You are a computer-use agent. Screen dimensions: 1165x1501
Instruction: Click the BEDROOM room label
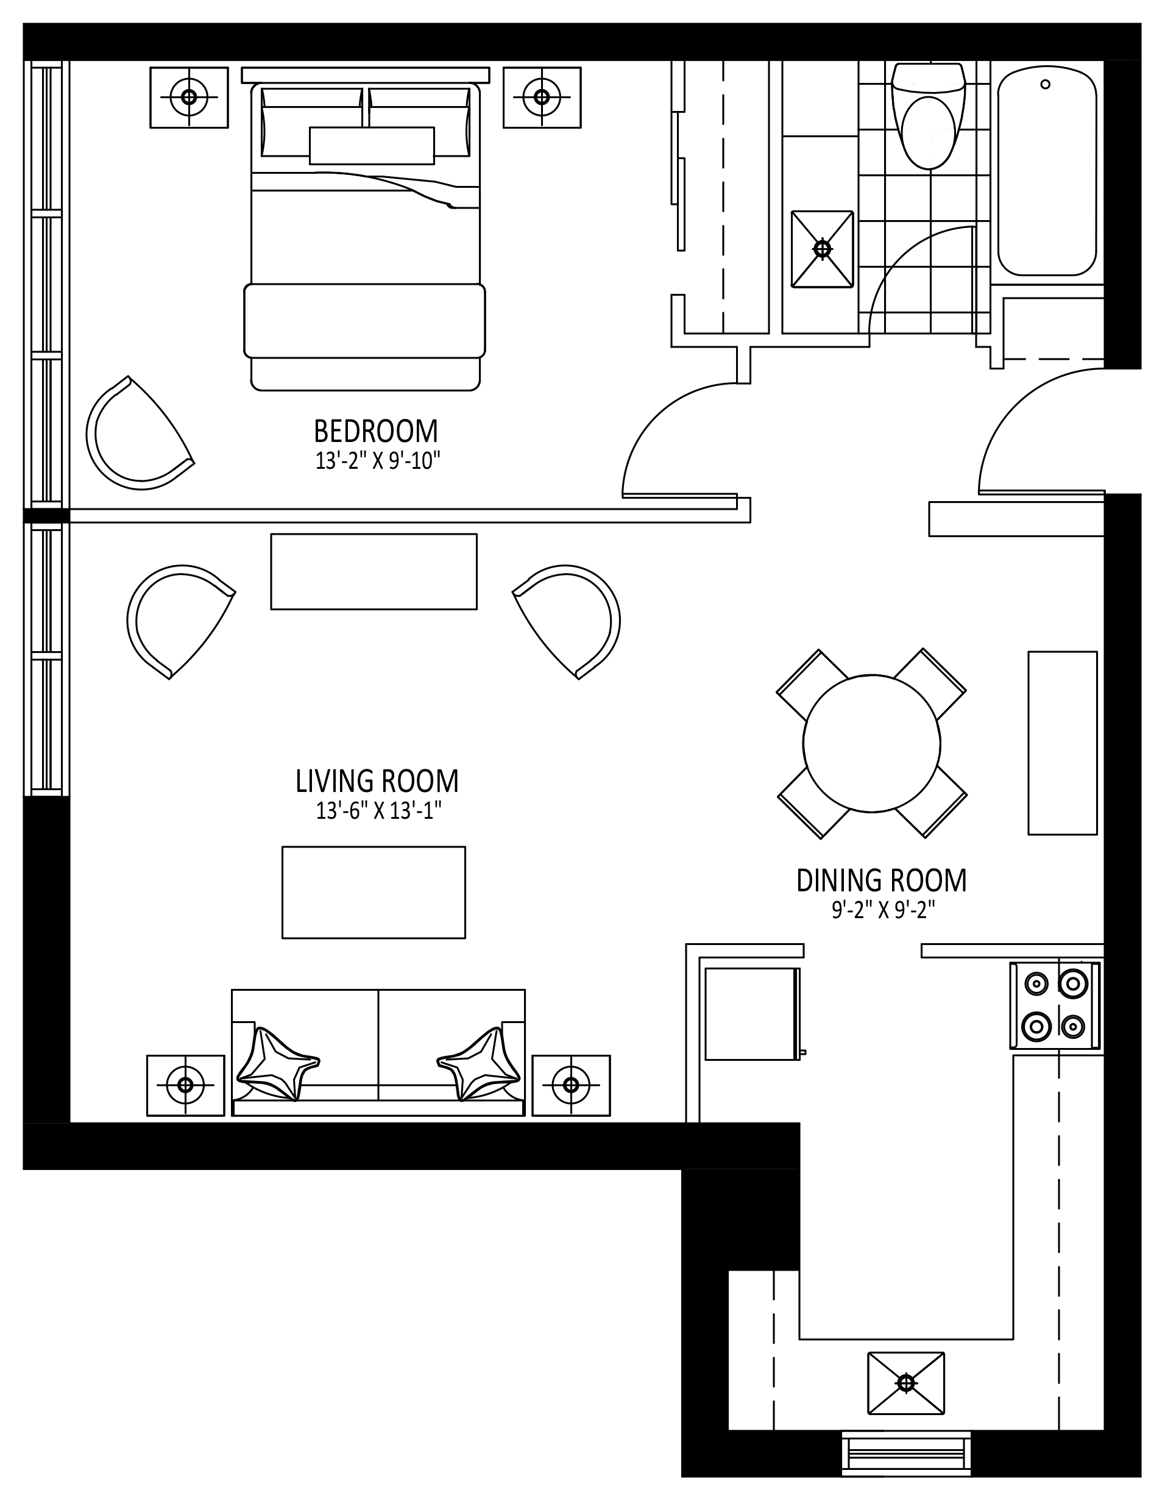pyautogui.click(x=376, y=431)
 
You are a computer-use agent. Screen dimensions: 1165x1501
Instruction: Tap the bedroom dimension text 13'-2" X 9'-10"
pyautogui.click(x=377, y=460)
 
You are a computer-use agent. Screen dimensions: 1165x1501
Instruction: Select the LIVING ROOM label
pyautogui.click(x=377, y=781)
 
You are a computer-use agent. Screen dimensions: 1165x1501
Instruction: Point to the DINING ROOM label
pyautogui.click(x=881, y=880)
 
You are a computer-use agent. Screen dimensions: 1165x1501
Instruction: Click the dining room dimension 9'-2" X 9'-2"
pyautogui.click(x=883, y=911)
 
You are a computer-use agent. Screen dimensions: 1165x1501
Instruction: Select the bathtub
pyautogui.click(x=1047, y=171)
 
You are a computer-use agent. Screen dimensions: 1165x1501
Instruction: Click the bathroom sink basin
pyautogui.click(x=822, y=249)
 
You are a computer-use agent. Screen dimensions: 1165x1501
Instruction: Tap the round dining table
pyautogui.click(x=872, y=744)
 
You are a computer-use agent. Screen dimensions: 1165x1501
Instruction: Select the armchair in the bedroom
pyautogui.click(x=140, y=433)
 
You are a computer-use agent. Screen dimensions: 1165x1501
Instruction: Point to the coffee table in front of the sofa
pyautogui.click(x=374, y=892)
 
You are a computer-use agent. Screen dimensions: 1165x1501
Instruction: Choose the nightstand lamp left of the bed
pyautogui.click(x=189, y=97)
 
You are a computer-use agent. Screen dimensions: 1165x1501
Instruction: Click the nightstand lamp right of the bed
pyautogui.click(x=541, y=97)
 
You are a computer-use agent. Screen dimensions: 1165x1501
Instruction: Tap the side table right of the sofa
pyautogui.click(x=571, y=1085)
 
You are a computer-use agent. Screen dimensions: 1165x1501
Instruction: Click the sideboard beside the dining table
pyautogui.click(x=1063, y=743)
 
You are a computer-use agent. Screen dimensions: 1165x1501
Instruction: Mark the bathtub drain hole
pyautogui.click(x=1046, y=85)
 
